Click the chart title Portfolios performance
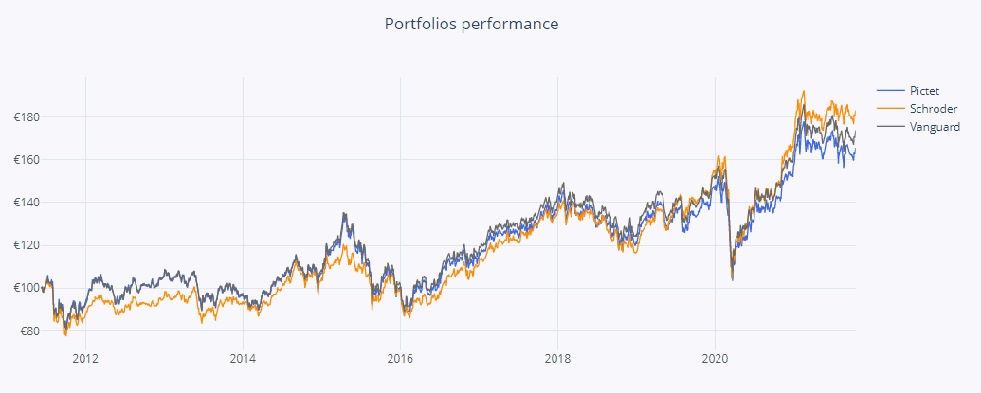[471, 23]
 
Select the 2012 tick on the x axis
[85, 359]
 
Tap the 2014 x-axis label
[243, 359]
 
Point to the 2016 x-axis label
[400, 359]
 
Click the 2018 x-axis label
[557, 359]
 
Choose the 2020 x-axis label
[715, 359]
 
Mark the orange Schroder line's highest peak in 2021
[804, 92]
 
